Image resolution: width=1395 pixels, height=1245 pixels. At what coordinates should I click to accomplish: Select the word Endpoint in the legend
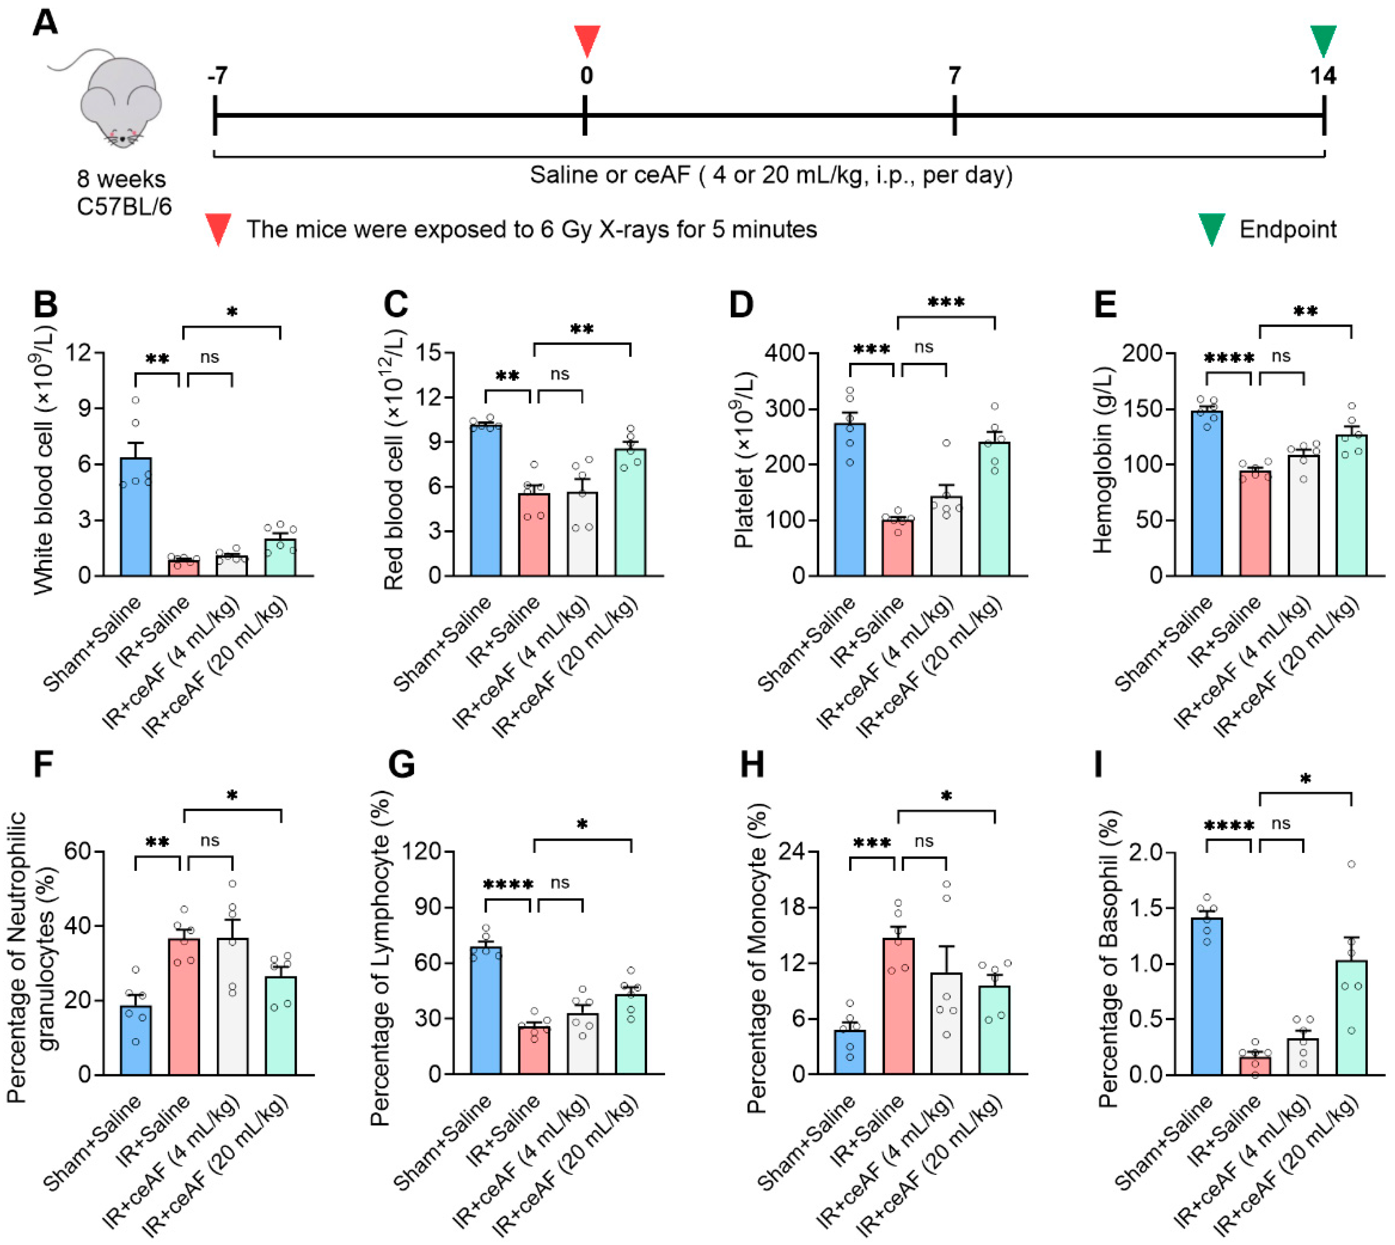(1288, 230)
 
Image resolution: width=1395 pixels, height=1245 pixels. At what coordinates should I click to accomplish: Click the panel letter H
(753, 764)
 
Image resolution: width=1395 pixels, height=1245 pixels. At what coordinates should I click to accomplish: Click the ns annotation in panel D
(924, 347)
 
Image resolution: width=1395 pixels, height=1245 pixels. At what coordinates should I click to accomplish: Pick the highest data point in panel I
(1351, 864)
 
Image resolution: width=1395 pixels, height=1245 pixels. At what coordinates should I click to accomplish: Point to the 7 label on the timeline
(954, 75)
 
